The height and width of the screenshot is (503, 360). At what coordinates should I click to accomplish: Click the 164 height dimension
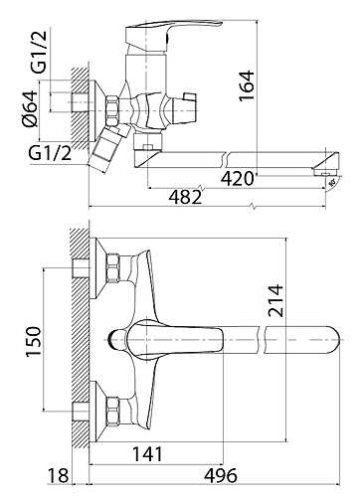pos(247,85)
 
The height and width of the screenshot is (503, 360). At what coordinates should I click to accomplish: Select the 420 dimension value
pos(237,179)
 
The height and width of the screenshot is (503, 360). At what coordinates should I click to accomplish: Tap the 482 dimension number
pos(185,198)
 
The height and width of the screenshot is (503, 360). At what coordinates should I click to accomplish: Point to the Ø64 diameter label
pos(29,108)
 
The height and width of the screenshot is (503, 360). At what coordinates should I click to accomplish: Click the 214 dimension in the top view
pos(276,300)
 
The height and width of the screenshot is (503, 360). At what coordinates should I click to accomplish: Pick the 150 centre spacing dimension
pos(34,341)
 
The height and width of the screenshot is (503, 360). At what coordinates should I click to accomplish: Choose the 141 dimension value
pos(148,454)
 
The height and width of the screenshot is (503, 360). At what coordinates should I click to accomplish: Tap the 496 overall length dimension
pos(221,476)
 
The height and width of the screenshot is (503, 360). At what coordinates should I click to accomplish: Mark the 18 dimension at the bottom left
pos(59,476)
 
